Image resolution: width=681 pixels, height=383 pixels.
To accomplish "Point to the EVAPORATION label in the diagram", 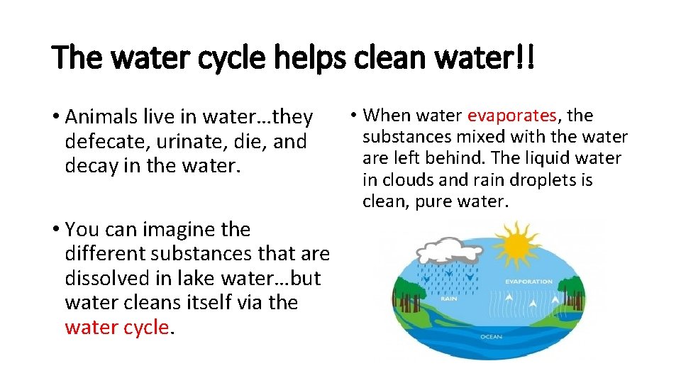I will (528, 282).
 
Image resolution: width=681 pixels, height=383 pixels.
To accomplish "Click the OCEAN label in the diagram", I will (491, 336).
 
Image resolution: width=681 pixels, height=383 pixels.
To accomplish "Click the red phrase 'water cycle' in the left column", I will (116, 327).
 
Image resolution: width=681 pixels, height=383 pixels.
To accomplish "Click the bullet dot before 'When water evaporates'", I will (353, 116).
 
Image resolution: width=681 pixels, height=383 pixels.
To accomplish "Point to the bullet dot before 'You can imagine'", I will (55, 230).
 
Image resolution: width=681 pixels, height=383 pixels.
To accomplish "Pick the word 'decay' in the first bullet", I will (89, 166).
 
